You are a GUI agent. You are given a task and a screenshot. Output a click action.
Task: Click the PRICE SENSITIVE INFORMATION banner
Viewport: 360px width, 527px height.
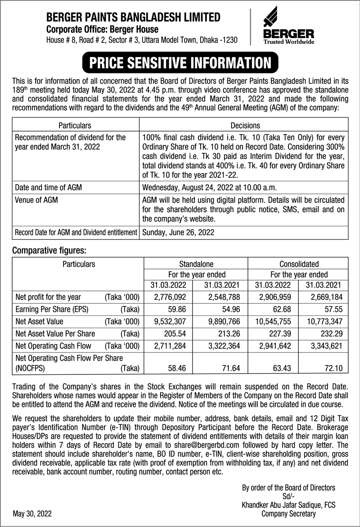tap(180, 63)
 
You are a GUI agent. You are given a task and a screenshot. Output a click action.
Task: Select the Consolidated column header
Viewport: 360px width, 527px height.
tap(299, 264)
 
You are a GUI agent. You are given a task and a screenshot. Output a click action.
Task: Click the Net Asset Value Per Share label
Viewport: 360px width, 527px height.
tap(55, 334)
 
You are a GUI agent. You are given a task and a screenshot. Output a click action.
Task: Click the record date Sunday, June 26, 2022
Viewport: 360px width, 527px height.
tap(178, 233)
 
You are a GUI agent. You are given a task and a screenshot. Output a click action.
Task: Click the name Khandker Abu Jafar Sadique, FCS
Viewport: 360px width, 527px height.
tap(288, 505)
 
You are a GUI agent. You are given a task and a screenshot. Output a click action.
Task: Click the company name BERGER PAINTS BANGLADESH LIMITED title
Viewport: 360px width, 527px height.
tap(134, 18)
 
